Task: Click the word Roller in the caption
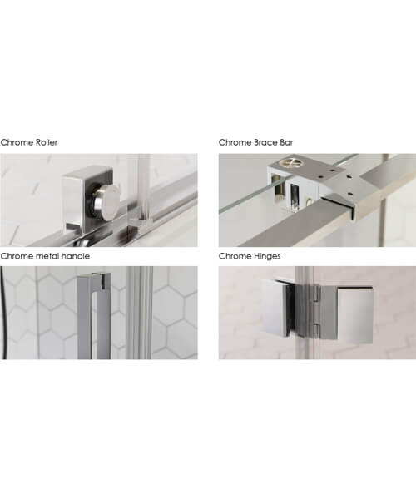coord(46,142)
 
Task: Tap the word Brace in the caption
coord(265,142)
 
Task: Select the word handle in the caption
coord(75,256)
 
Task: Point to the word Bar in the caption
coord(286,142)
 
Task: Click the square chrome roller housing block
coord(86,199)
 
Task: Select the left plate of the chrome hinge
coord(276,308)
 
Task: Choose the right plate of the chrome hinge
coord(355,315)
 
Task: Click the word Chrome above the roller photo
coord(17,142)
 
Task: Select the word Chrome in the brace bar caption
coord(235,142)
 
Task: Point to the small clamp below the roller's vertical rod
coord(142,224)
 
